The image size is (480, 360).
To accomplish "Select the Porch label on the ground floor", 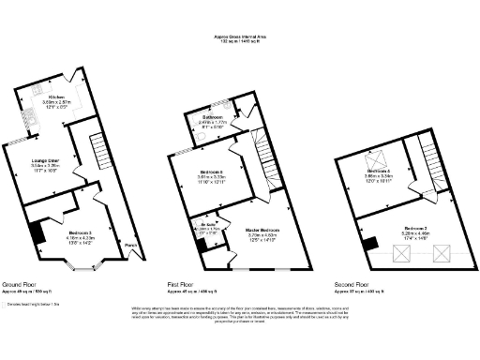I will (x=129, y=247).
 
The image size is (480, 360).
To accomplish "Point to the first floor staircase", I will (x=263, y=150).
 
